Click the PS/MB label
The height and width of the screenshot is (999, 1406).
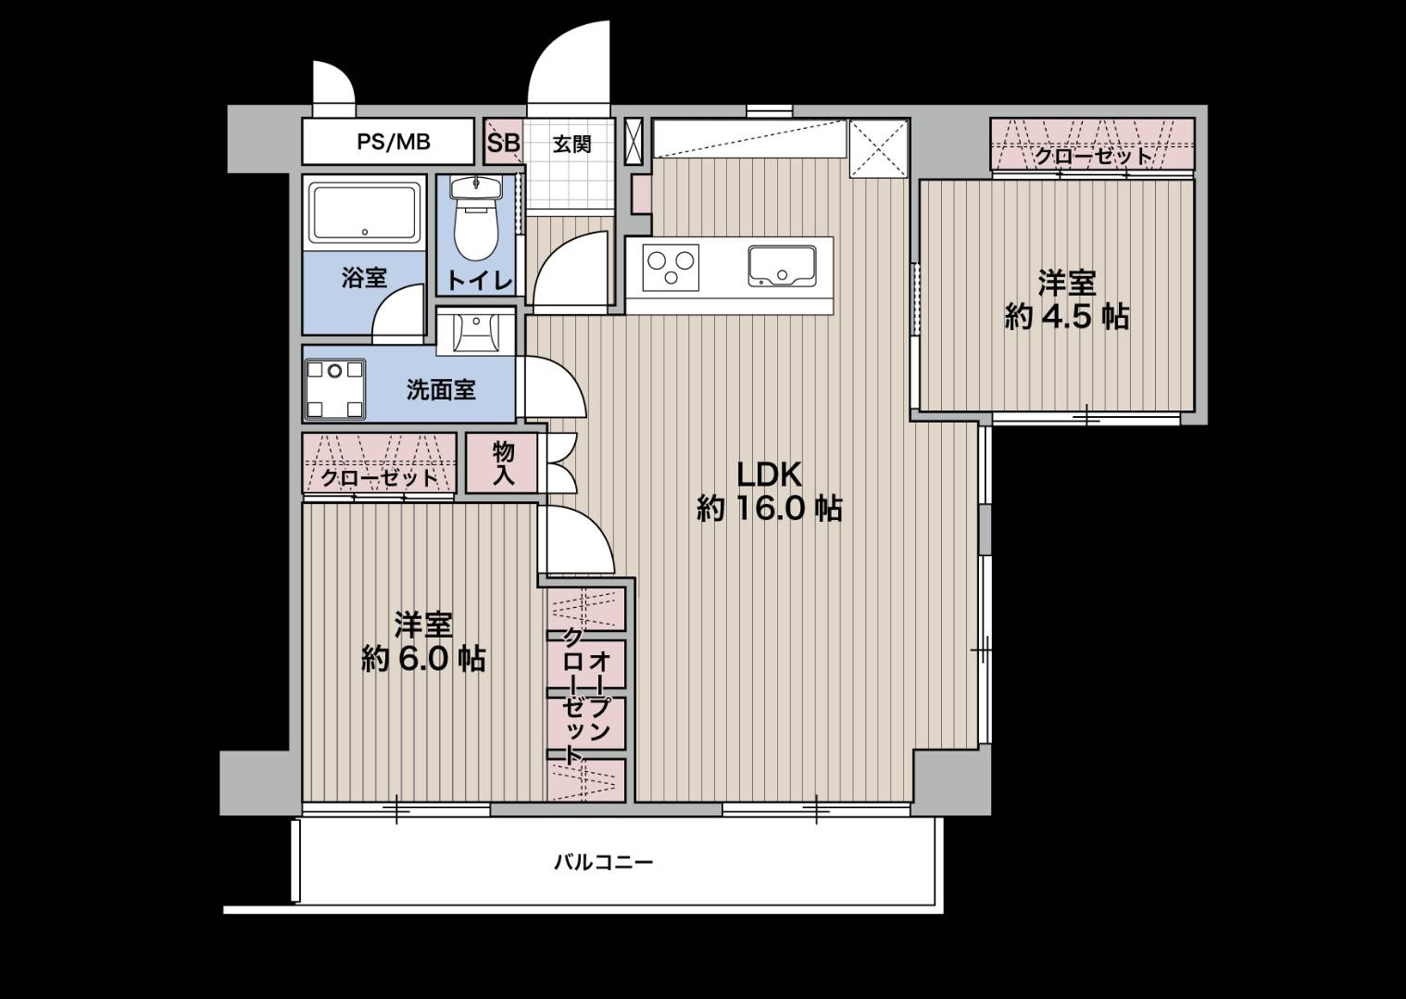point(394,142)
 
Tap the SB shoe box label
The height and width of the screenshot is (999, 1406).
point(503,143)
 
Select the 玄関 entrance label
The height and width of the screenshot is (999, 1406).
point(571,144)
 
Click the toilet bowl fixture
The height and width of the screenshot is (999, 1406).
point(476,217)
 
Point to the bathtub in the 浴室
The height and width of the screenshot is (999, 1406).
point(364,213)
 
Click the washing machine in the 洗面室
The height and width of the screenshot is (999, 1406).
point(335,388)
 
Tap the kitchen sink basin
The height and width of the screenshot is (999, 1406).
point(782,266)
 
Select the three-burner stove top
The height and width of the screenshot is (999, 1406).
point(671,268)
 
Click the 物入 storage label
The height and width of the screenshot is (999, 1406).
point(503,462)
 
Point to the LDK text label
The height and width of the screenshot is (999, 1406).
point(769,475)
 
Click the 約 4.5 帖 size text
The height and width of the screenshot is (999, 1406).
point(1066,317)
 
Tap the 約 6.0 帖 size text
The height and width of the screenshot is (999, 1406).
point(423,659)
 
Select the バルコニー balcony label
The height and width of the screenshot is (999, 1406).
point(603,862)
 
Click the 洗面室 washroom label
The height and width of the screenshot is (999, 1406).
point(441,390)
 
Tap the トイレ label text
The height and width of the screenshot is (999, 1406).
point(480,281)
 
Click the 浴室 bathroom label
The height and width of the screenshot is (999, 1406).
point(364,277)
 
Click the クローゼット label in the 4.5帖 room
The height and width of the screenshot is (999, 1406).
point(1093,156)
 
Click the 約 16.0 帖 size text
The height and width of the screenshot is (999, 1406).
point(769,508)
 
